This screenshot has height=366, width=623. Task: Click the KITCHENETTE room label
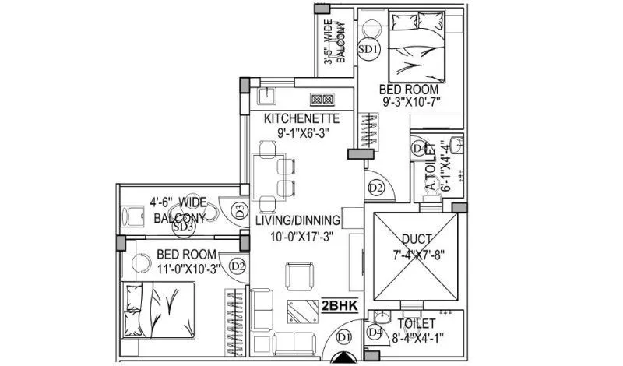[301, 118]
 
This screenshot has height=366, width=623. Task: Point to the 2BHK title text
[339, 306]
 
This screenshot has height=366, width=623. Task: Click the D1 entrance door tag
[344, 336]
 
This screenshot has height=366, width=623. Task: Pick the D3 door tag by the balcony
[240, 209]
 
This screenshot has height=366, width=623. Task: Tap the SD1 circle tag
[368, 50]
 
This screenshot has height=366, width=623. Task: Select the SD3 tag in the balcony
[183, 227]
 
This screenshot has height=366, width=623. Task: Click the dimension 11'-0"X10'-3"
[187, 269]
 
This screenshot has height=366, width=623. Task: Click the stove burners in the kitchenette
[322, 100]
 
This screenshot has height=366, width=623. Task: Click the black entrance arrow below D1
[344, 358]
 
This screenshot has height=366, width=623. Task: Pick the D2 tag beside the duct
[376, 187]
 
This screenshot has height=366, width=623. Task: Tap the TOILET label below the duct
[416, 323]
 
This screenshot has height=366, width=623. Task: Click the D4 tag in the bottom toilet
[376, 332]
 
